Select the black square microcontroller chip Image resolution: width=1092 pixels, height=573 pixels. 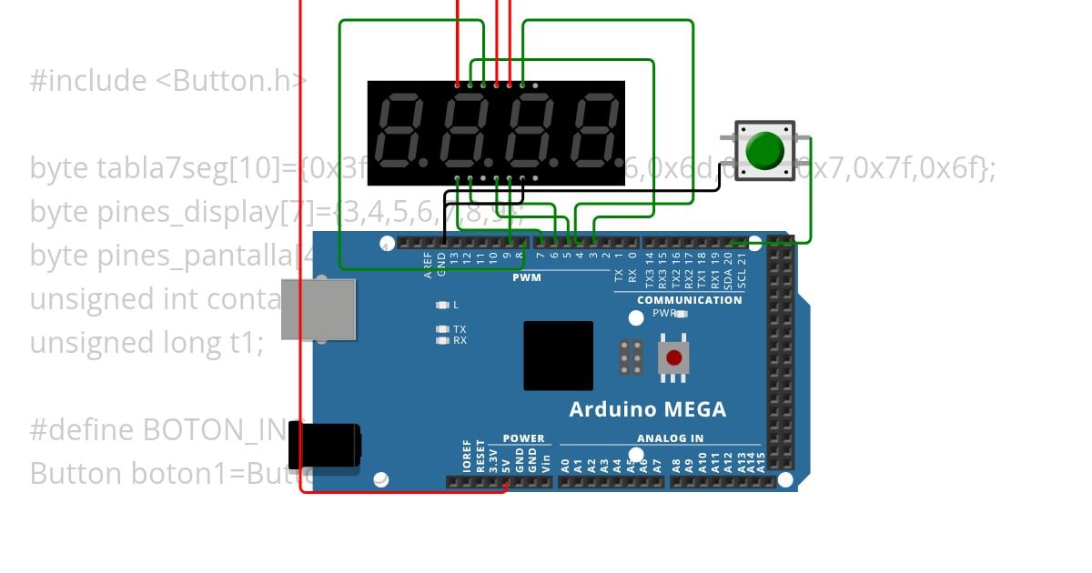tap(558, 356)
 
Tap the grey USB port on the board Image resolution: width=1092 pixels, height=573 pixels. tap(318, 309)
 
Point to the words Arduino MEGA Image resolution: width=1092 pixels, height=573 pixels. tap(647, 409)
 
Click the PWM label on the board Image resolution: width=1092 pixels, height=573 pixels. tap(526, 277)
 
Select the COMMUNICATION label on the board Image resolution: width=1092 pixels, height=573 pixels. tap(689, 300)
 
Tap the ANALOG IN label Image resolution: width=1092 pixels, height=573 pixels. tap(671, 438)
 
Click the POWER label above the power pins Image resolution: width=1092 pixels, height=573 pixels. tap(523, 438)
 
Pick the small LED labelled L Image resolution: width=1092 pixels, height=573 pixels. tap(442, 306)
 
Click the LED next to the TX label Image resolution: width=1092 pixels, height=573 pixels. tap(442, 329)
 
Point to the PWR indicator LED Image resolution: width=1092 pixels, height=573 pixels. tap(682, 314)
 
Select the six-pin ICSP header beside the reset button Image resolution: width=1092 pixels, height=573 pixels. tap(631, 357)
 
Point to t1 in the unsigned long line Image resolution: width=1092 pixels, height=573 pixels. tap(248, 343)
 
